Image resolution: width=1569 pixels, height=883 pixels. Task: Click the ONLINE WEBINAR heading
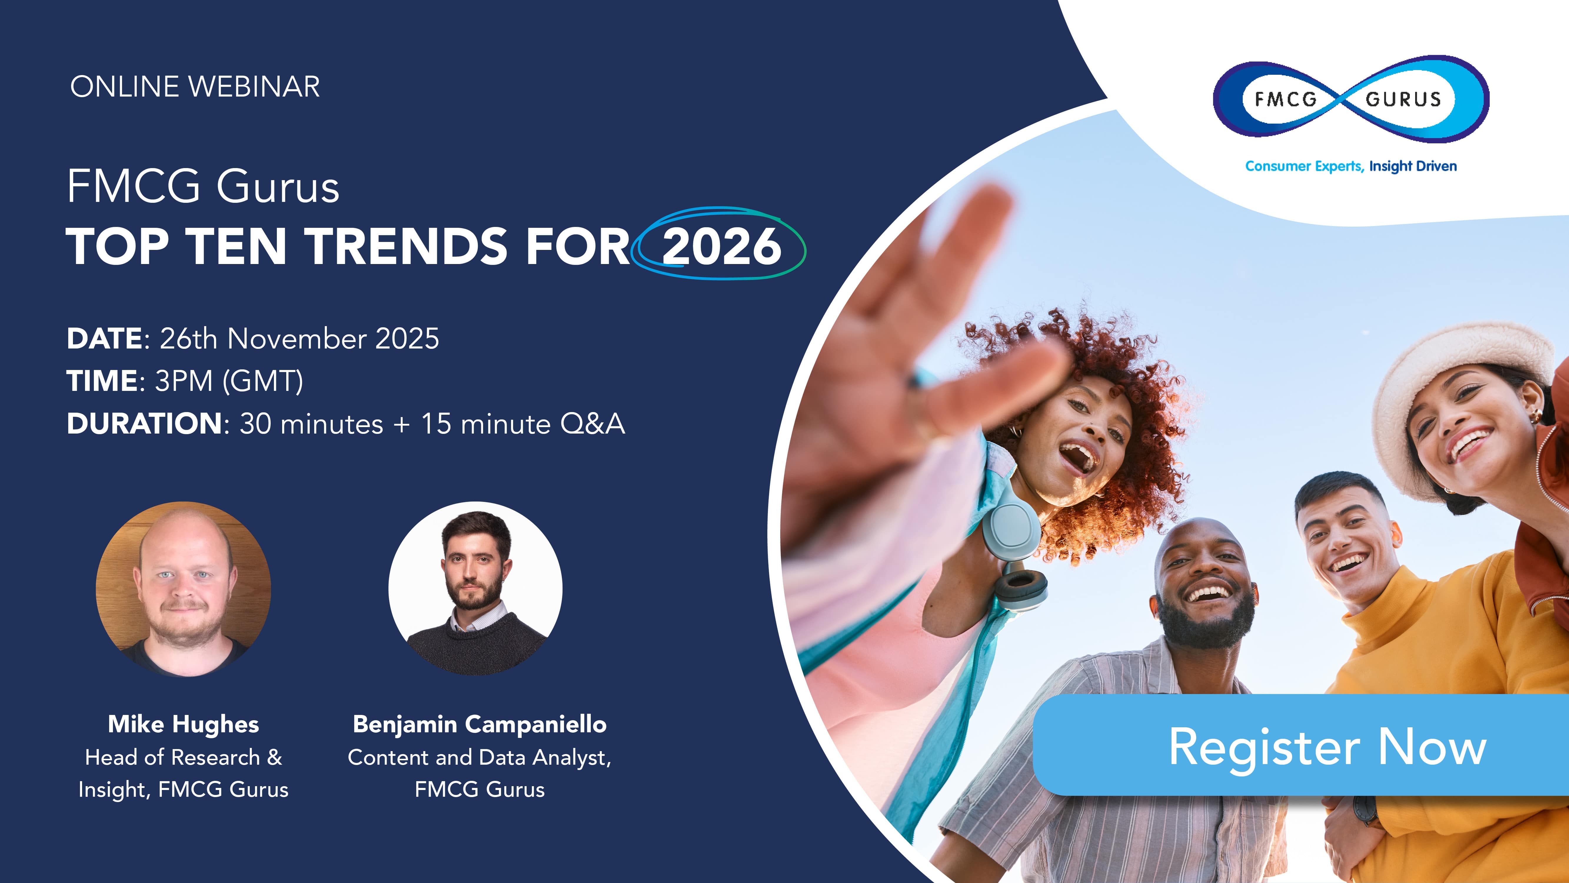(x=195, y=87)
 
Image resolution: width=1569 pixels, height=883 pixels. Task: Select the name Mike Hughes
(x=183, y=724)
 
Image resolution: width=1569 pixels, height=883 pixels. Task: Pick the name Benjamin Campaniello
(x=479, y=724)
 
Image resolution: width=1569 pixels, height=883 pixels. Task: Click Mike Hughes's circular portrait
(x=183, y=589)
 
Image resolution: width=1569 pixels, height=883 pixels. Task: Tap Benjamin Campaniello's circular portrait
(x=475, y=589)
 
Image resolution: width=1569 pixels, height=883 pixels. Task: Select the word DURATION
(x=144, y=424)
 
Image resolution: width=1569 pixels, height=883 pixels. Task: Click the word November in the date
(x=297, y=339)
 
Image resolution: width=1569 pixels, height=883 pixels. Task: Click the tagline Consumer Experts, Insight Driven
(x=1350, y=166)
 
